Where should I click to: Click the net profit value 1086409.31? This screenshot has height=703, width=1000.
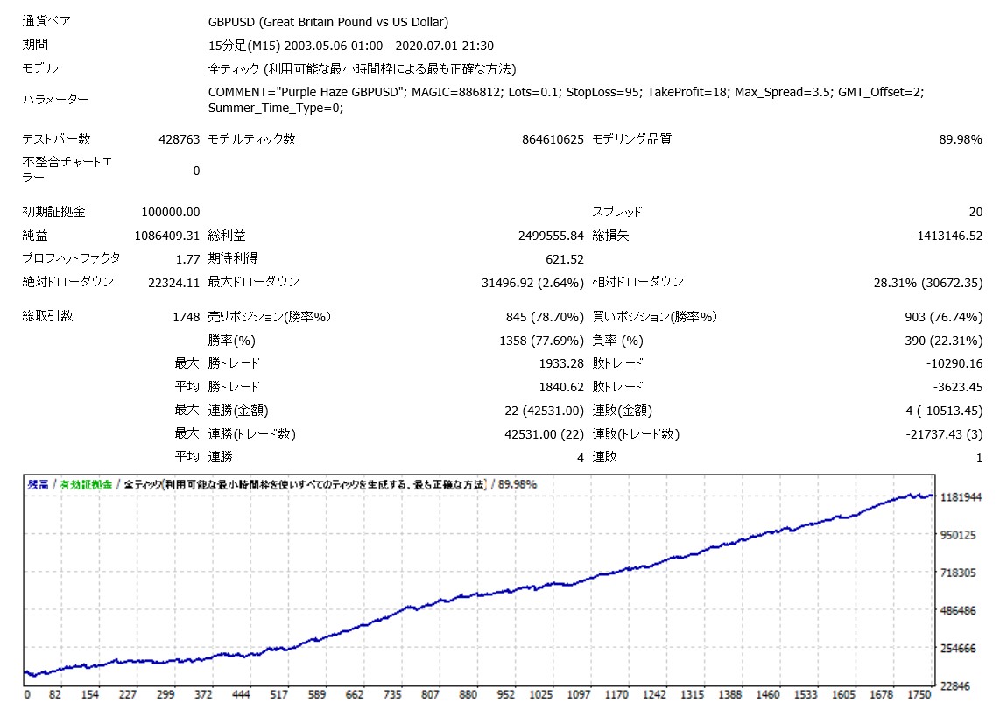pyautogui.click(x=167, y=236)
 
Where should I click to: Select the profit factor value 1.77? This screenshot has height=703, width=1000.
pyautogui.click(x=187, y=258)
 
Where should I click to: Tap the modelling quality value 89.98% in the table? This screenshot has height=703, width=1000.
pyautogui.click(x=962, y=139)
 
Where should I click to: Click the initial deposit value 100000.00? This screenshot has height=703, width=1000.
pyautogui.click(x=170, y=212)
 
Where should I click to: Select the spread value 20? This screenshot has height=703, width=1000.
pyautogui.click(x=975, y=212)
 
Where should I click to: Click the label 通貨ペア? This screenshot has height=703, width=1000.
pyautogui.click(x=46, y=21)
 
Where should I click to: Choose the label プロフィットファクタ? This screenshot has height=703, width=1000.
pyautogui.click(x=71, y=258)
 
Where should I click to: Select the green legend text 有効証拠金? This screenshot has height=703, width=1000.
pyautogui.click(x=87, y=484)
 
